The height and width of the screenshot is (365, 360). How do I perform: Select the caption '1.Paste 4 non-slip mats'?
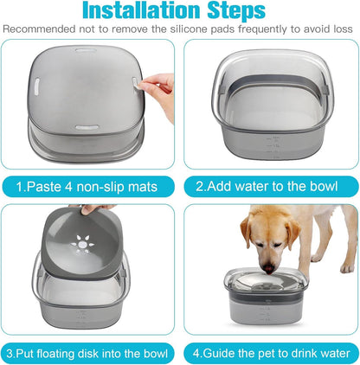(92, 184)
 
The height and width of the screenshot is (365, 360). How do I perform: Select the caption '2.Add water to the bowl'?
(269, 184)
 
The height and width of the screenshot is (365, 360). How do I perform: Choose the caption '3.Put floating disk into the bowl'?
(92, 352)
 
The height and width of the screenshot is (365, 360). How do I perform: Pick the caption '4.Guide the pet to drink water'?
(270, 352)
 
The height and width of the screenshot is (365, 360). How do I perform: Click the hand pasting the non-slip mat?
(157, 85)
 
